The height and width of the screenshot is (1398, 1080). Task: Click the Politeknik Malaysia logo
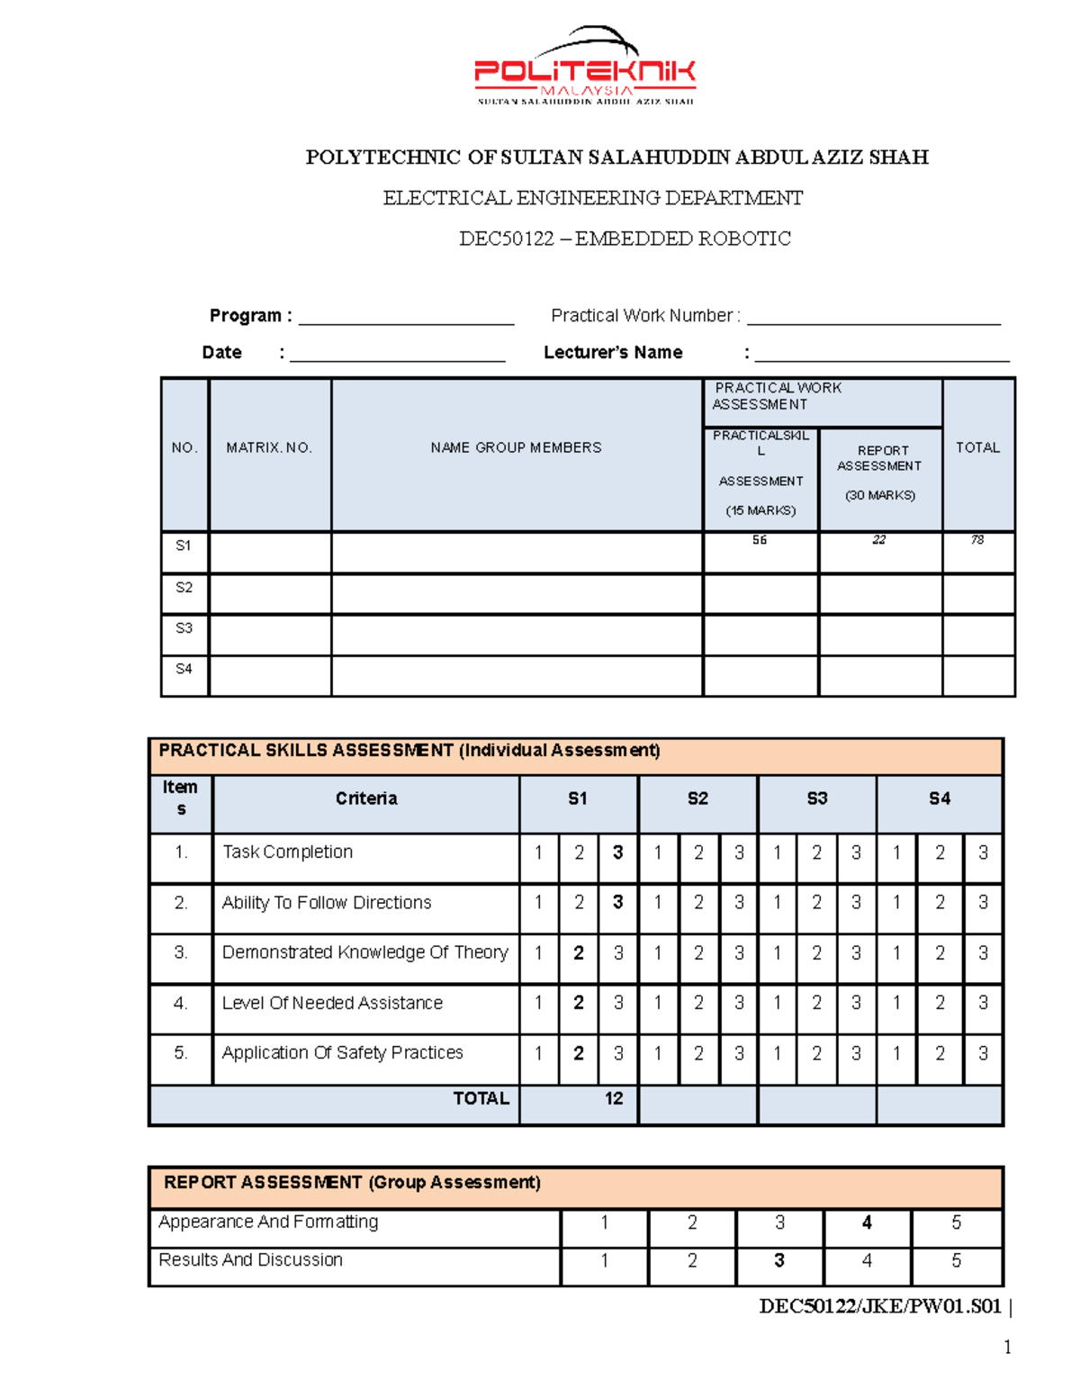585,68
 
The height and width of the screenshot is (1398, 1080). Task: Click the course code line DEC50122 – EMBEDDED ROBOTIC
625,239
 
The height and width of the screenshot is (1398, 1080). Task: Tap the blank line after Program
406,318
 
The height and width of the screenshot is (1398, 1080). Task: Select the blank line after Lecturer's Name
881,355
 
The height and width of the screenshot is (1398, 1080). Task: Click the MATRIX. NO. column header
269,447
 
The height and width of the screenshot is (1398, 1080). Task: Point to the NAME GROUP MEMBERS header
516,447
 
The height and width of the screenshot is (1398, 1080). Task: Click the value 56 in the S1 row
760,540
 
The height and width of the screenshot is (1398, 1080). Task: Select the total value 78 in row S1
977,540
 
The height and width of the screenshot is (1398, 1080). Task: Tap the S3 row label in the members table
184,628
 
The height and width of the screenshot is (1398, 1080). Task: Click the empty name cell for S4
516,675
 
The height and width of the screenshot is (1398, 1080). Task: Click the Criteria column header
366,798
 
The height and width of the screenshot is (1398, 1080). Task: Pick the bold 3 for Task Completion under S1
617,852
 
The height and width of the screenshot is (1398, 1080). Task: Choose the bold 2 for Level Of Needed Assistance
579,1003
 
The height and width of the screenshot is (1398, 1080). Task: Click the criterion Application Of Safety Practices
342,1052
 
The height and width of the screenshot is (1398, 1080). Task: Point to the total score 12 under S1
614,1098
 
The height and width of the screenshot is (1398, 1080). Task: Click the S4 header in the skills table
939,798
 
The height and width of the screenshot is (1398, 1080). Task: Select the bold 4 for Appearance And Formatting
867,1222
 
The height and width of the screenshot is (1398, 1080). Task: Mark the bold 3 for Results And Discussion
779,1260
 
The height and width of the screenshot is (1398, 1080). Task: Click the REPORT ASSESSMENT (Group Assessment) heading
352,1183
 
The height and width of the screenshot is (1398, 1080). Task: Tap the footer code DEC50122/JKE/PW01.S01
880,1306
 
